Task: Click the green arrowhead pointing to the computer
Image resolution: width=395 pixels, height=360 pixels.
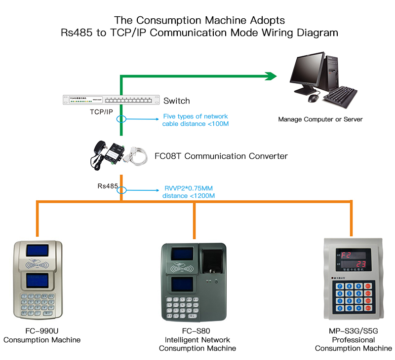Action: pyautogui.click(x=271, y=76)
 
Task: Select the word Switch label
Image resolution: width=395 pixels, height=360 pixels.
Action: pyautogui.click(x=176, y=101)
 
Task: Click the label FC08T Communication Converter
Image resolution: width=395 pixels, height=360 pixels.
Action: pyautogui.click(x=221, y=156)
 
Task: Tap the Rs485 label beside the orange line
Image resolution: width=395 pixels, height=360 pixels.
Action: pyautogui.click(x=107, y=186)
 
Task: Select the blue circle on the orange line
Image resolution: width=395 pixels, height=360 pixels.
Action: pyautogui.click(x=121, y=190)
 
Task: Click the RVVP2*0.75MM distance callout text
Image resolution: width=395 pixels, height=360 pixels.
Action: pyautogui.click(x=189, y=192)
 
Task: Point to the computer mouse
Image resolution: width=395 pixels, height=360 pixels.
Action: pyautogui.click(x=313, y=99)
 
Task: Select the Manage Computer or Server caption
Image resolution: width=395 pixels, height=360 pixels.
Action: pyautogui.click(x=320, y=119)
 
